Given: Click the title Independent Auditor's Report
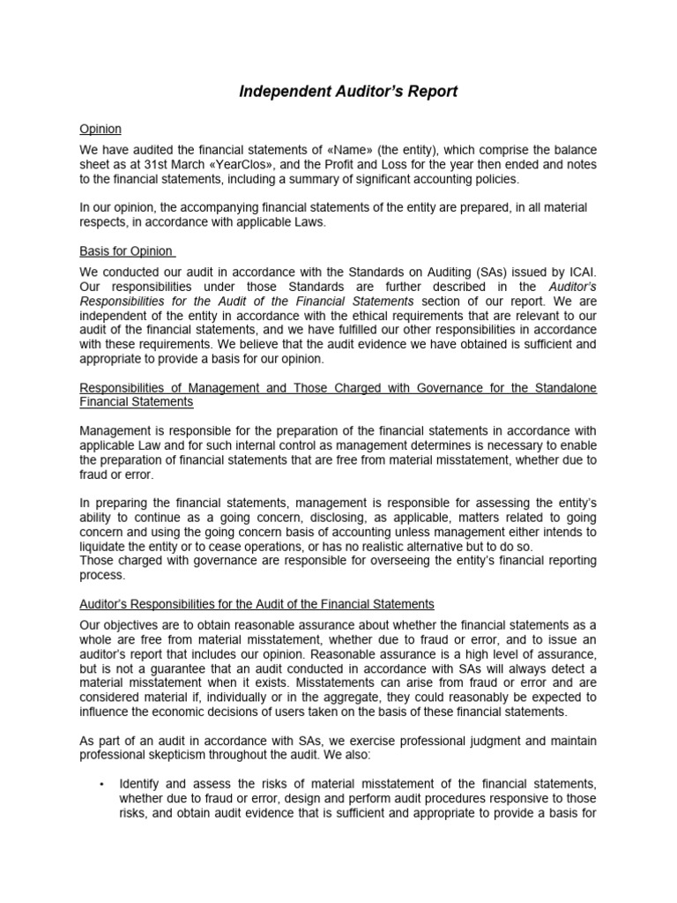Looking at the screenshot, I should coord(348,92).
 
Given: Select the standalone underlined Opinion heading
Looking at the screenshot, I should coord(100,129).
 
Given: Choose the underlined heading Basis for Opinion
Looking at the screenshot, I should coord(126,250).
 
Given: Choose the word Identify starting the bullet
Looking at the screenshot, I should coord(140,782).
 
